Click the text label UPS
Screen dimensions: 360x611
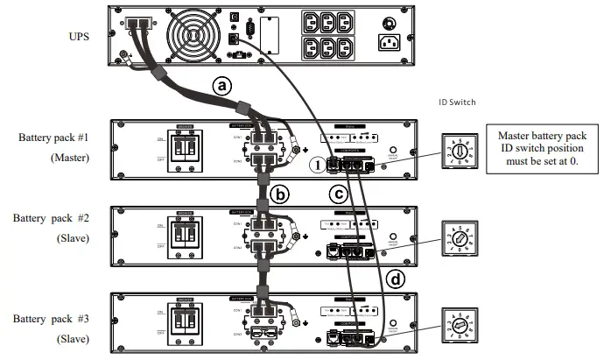80,36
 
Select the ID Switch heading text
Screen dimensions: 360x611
457,102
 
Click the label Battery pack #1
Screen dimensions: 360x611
54,138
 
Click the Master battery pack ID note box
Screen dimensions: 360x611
543,150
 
